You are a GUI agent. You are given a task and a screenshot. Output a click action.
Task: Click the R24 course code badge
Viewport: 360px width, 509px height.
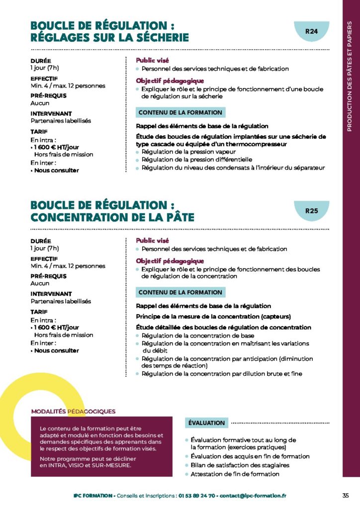coord(311,32)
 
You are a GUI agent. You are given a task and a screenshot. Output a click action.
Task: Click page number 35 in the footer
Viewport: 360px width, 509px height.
coord(346,496)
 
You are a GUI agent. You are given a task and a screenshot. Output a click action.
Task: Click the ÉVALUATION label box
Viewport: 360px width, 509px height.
coord(206,423)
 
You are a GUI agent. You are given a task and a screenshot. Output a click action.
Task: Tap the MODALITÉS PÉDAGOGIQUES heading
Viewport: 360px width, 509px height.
coord(73,411)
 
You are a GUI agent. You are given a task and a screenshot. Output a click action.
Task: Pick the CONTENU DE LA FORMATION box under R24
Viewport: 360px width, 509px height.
coord(180,113)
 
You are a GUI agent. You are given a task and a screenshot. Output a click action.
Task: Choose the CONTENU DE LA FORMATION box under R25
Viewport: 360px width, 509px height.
coord(180,292)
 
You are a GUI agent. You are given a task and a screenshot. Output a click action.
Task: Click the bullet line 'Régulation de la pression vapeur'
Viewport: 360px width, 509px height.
coord(188,152)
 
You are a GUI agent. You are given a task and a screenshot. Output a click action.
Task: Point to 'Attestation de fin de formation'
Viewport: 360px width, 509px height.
coord(235,474)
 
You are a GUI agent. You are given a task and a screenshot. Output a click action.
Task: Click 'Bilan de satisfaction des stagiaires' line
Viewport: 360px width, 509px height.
coord(240,465)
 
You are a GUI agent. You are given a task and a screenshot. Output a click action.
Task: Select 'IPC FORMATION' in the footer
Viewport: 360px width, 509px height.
coord(92,496)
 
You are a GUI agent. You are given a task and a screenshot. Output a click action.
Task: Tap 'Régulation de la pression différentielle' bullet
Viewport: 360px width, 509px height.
coord(197,160)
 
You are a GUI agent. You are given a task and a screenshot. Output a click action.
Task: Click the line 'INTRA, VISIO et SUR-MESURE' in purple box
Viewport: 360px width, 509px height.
coord(86,465)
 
